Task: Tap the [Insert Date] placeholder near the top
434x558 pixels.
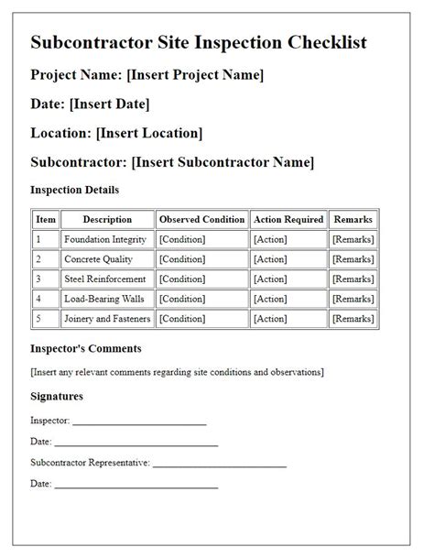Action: coord(110,104)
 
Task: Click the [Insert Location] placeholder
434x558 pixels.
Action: coord(149,133)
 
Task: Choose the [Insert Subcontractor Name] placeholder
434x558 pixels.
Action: coord(222,162)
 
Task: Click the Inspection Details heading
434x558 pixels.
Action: coord(75,190)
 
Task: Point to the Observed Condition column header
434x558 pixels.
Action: coord(202,220)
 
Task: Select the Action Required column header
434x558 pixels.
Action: coord(288,220)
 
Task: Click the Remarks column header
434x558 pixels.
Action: coord(353,220)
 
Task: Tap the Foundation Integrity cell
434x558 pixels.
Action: coord(105,239)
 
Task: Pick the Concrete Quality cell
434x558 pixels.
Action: coord(99,259)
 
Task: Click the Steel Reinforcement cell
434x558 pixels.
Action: coord(105,279)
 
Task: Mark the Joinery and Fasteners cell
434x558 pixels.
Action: coord(107,319)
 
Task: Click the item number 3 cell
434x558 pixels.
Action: coord(38,279)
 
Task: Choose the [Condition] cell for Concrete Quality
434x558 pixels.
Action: coord(182,259)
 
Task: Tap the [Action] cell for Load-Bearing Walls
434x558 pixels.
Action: coord(270,299)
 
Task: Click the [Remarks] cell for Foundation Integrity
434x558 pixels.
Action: coord(353,239)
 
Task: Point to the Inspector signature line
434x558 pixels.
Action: coord(139,423)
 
